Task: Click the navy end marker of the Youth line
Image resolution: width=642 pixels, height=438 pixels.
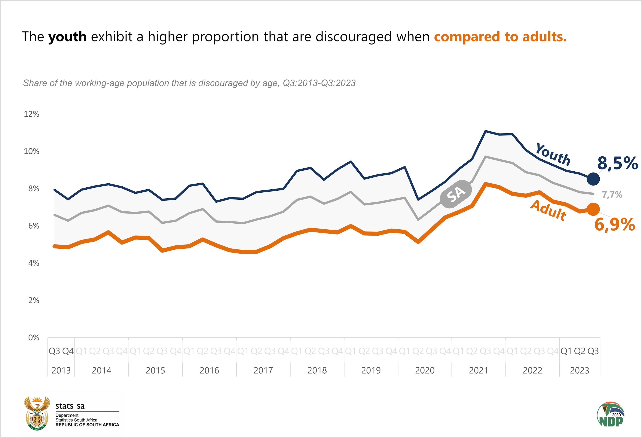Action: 593,179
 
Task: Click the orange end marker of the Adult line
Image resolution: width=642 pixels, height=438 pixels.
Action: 593,209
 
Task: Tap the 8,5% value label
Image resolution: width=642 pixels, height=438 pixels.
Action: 618,163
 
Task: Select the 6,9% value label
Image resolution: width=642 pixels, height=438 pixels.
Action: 615,224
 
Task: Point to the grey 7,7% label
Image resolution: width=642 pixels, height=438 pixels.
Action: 612,195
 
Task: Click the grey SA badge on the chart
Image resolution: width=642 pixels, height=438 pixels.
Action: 456,194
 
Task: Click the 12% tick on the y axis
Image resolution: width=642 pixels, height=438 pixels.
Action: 31,114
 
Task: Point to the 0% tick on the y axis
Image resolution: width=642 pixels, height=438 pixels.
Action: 34,337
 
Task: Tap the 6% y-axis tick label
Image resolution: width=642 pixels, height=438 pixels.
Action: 34,226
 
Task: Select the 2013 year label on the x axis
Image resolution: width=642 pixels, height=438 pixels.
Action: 61,370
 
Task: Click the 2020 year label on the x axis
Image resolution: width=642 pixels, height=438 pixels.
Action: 425,370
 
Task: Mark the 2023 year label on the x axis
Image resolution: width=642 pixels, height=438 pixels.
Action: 579,370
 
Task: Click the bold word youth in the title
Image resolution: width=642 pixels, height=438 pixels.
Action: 67,37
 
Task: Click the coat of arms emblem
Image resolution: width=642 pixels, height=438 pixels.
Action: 37,413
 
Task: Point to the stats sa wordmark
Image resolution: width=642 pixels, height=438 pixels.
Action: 70,406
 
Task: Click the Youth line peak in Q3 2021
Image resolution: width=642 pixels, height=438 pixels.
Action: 485,131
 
